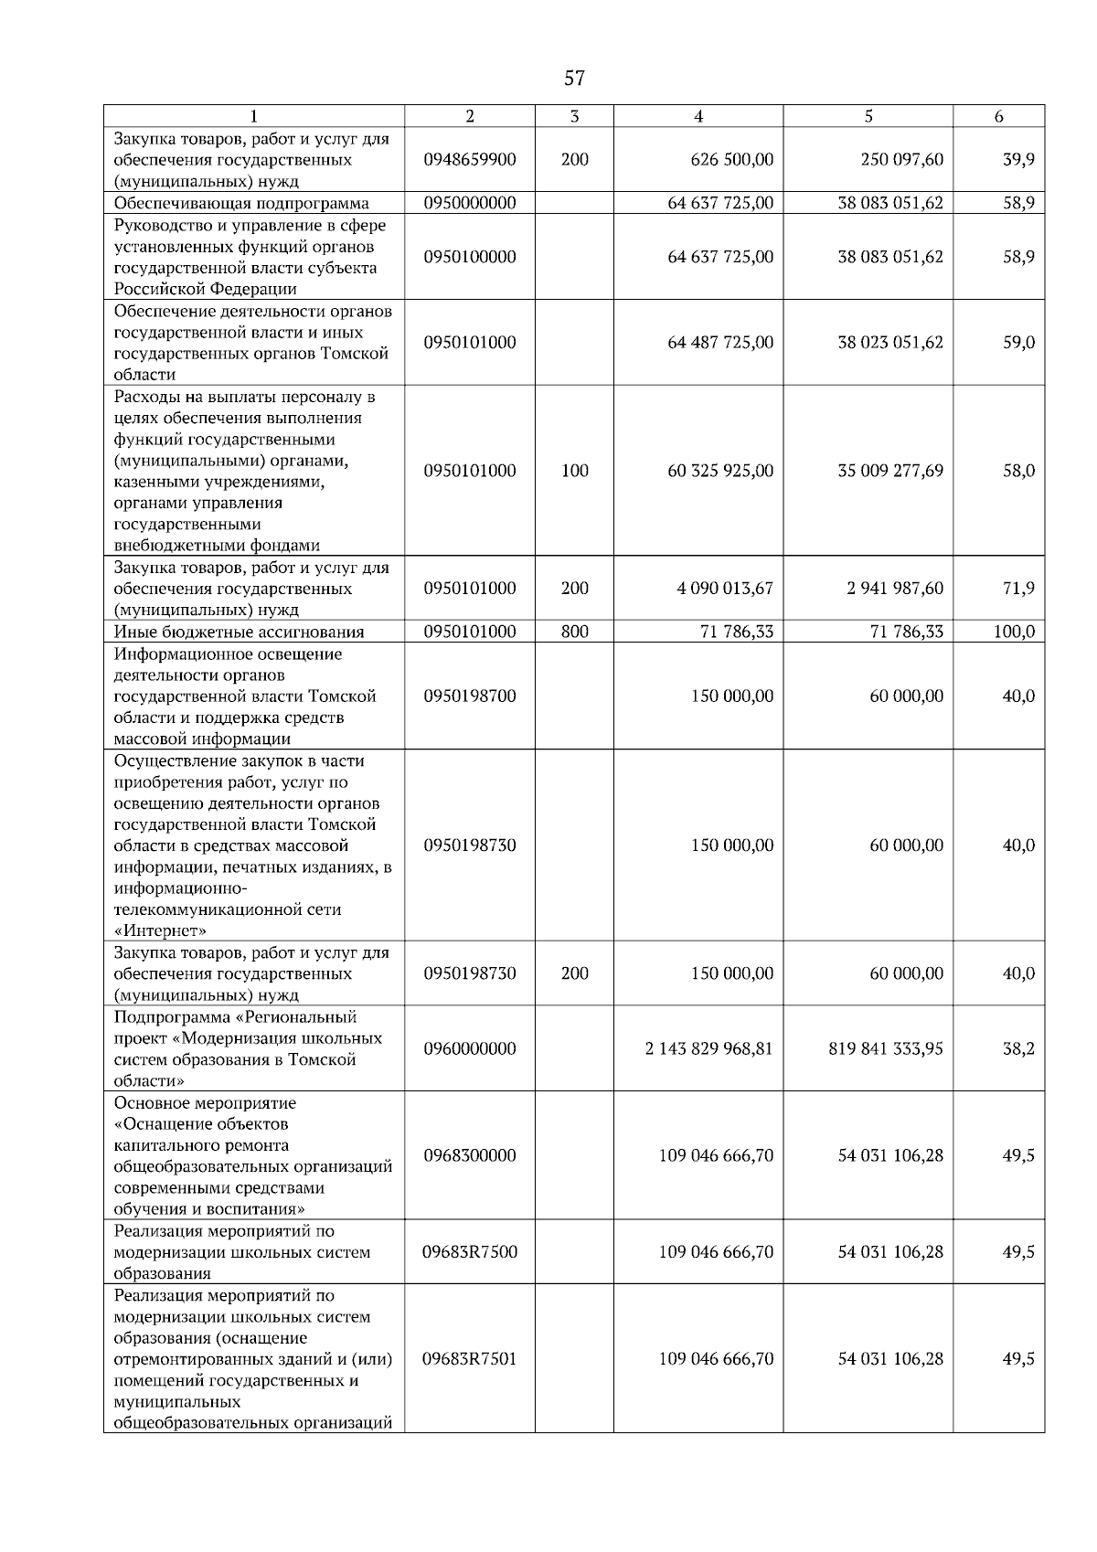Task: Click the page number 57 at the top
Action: tap(574, 79)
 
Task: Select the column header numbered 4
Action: tap(698, 116)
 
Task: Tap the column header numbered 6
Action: tap(998, 116)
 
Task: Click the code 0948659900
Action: tap(470, 159)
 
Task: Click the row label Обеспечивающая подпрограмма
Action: tap(241, 203)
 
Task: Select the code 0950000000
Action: tap(470, 203)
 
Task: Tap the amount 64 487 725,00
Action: tap(720, 343)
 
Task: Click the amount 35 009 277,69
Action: tap(890, 471)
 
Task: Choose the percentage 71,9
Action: tap(1018, 588)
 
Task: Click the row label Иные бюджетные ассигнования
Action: tap(239, 632)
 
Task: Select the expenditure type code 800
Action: tap(574, 632)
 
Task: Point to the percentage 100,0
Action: tap(1015, 632)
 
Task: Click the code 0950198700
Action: tap(470, 696)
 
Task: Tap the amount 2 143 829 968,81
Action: tap(708, 1048)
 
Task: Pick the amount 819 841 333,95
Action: tap(886, 1048)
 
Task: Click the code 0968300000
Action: tap(470, 1155)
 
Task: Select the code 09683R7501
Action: tap(470, 1359)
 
